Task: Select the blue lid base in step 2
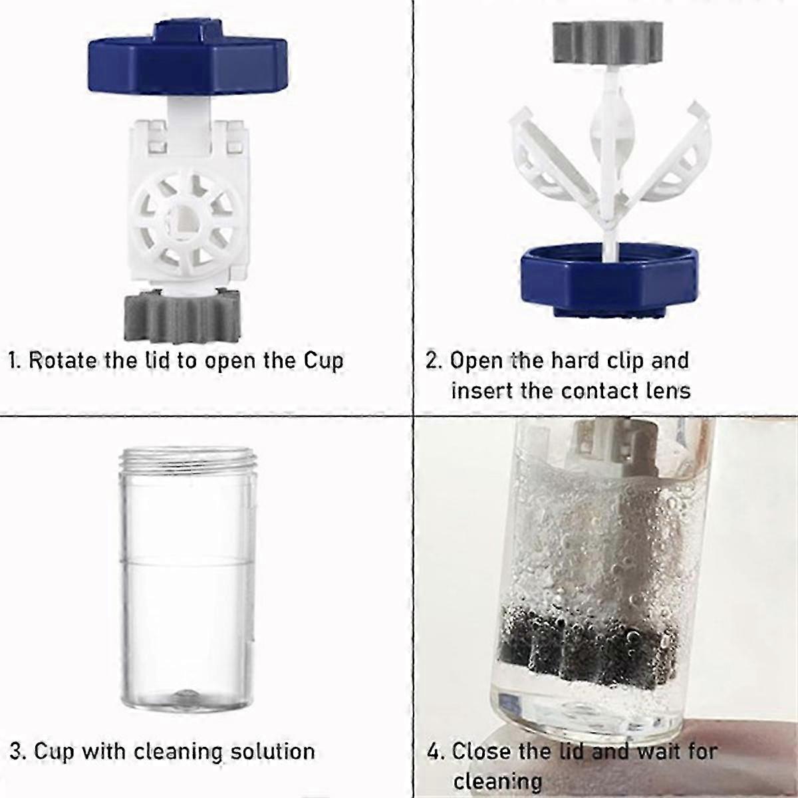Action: coord(610,281)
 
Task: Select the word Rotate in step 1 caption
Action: coord(62,360)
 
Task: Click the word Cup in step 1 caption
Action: coord(323,361)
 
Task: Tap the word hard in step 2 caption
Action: coord(575,360)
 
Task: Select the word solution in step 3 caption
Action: coord(273,751)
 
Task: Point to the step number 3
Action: coord(16,751)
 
